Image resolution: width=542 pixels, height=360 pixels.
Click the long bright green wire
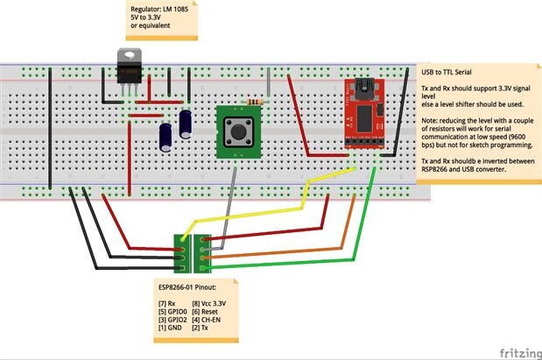tap(289, 264)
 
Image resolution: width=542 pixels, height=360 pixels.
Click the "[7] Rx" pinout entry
tap(165, 302)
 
